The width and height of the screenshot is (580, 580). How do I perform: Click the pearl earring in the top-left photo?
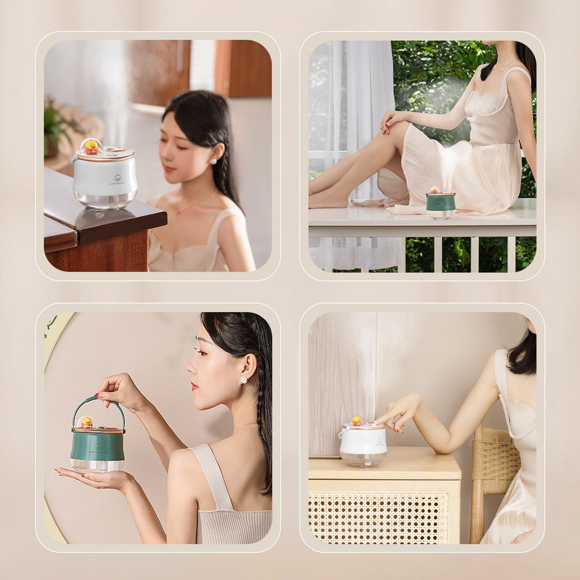[214, 161]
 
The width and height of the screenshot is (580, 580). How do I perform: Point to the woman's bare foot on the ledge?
[329, 199]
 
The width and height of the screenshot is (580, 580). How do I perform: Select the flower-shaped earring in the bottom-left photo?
[244, 379]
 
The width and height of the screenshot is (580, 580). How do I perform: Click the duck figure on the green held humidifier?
[87, 423]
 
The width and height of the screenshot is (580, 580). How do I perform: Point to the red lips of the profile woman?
[194, 386]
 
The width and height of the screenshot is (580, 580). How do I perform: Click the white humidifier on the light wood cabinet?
[363, 445]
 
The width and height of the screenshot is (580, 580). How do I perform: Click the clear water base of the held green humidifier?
[97, 464]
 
